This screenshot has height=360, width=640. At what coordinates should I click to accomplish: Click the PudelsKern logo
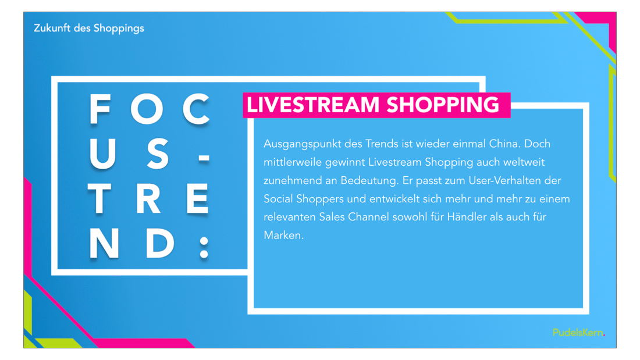tap(579, 333)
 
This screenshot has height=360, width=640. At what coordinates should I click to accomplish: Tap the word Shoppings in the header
tap(119, 28)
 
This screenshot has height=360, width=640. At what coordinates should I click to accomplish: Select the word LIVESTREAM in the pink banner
tap(313, 105)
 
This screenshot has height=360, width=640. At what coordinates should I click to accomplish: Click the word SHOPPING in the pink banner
tap(443, 105)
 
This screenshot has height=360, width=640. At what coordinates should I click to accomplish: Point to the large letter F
tap(100, 109)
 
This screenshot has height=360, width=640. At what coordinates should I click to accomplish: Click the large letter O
tap(147, 109)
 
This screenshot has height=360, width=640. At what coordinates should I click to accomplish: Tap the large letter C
tap(196, 109)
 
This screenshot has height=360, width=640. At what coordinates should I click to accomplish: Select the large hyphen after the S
tap(204, 158)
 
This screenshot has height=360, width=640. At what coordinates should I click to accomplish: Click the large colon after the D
tap(204, 247)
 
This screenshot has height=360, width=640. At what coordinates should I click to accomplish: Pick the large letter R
tap(148, 199)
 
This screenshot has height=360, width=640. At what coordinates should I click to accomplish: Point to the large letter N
tap(104, 243)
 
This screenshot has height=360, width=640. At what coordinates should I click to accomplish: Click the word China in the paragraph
tap(504, 144)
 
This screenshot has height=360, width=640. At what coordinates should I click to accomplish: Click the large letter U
tap(102, 154)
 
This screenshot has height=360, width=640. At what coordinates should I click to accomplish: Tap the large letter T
tap(99, 199)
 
